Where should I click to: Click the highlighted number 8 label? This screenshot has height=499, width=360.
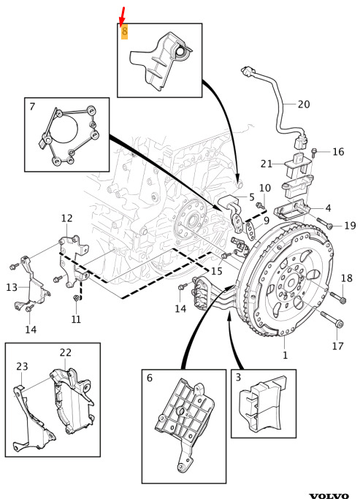point(124,31)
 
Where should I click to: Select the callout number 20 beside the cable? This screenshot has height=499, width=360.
point(304,104)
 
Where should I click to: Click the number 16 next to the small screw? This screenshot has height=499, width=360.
point(338,151)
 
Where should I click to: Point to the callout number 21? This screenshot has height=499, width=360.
point(267,164)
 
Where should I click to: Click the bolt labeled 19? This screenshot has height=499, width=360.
point(325,222)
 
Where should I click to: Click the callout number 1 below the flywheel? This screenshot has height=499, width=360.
point(285,355)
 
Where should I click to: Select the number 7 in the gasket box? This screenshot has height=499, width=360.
point(32,106)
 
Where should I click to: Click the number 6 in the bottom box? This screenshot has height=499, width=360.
point(149,378)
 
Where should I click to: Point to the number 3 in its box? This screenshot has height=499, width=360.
point(238,378)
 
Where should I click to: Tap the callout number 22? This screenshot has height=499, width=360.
point(66,352)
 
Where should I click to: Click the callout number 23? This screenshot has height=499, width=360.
point(22,366)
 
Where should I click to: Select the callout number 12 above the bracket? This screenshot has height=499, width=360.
point(66,218)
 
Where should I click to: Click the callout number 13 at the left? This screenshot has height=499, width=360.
point(12,287)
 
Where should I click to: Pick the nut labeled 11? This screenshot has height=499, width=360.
point(77,298)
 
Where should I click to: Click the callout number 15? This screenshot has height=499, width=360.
point(217,271)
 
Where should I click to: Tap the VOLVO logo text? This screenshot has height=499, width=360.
point(329,495)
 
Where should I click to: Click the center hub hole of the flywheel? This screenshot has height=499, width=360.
point(291,283)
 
